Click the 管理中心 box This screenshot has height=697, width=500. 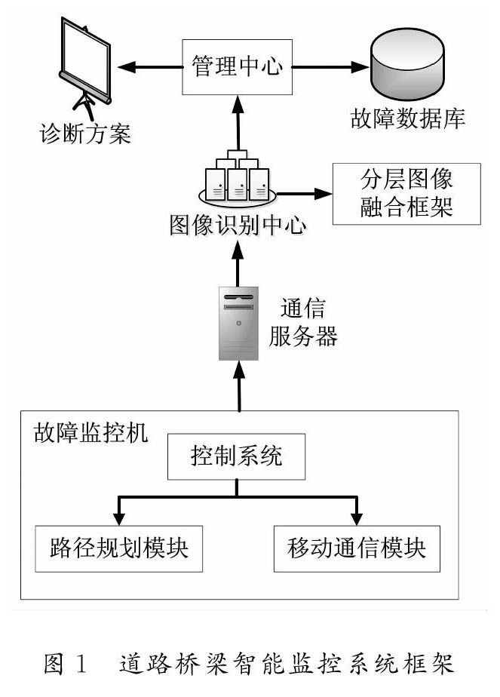237,67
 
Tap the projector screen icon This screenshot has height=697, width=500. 85,64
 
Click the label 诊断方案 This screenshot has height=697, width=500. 85,137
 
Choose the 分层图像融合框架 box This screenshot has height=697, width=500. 406,193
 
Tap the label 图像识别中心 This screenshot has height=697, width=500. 238,226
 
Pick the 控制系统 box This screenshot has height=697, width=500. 237,457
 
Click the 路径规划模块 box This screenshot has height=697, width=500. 118,547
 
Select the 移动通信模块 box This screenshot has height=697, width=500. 355,547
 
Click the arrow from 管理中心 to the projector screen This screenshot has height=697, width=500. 151,67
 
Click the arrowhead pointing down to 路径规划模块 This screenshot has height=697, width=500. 118,517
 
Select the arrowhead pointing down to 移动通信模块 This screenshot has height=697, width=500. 355,517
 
